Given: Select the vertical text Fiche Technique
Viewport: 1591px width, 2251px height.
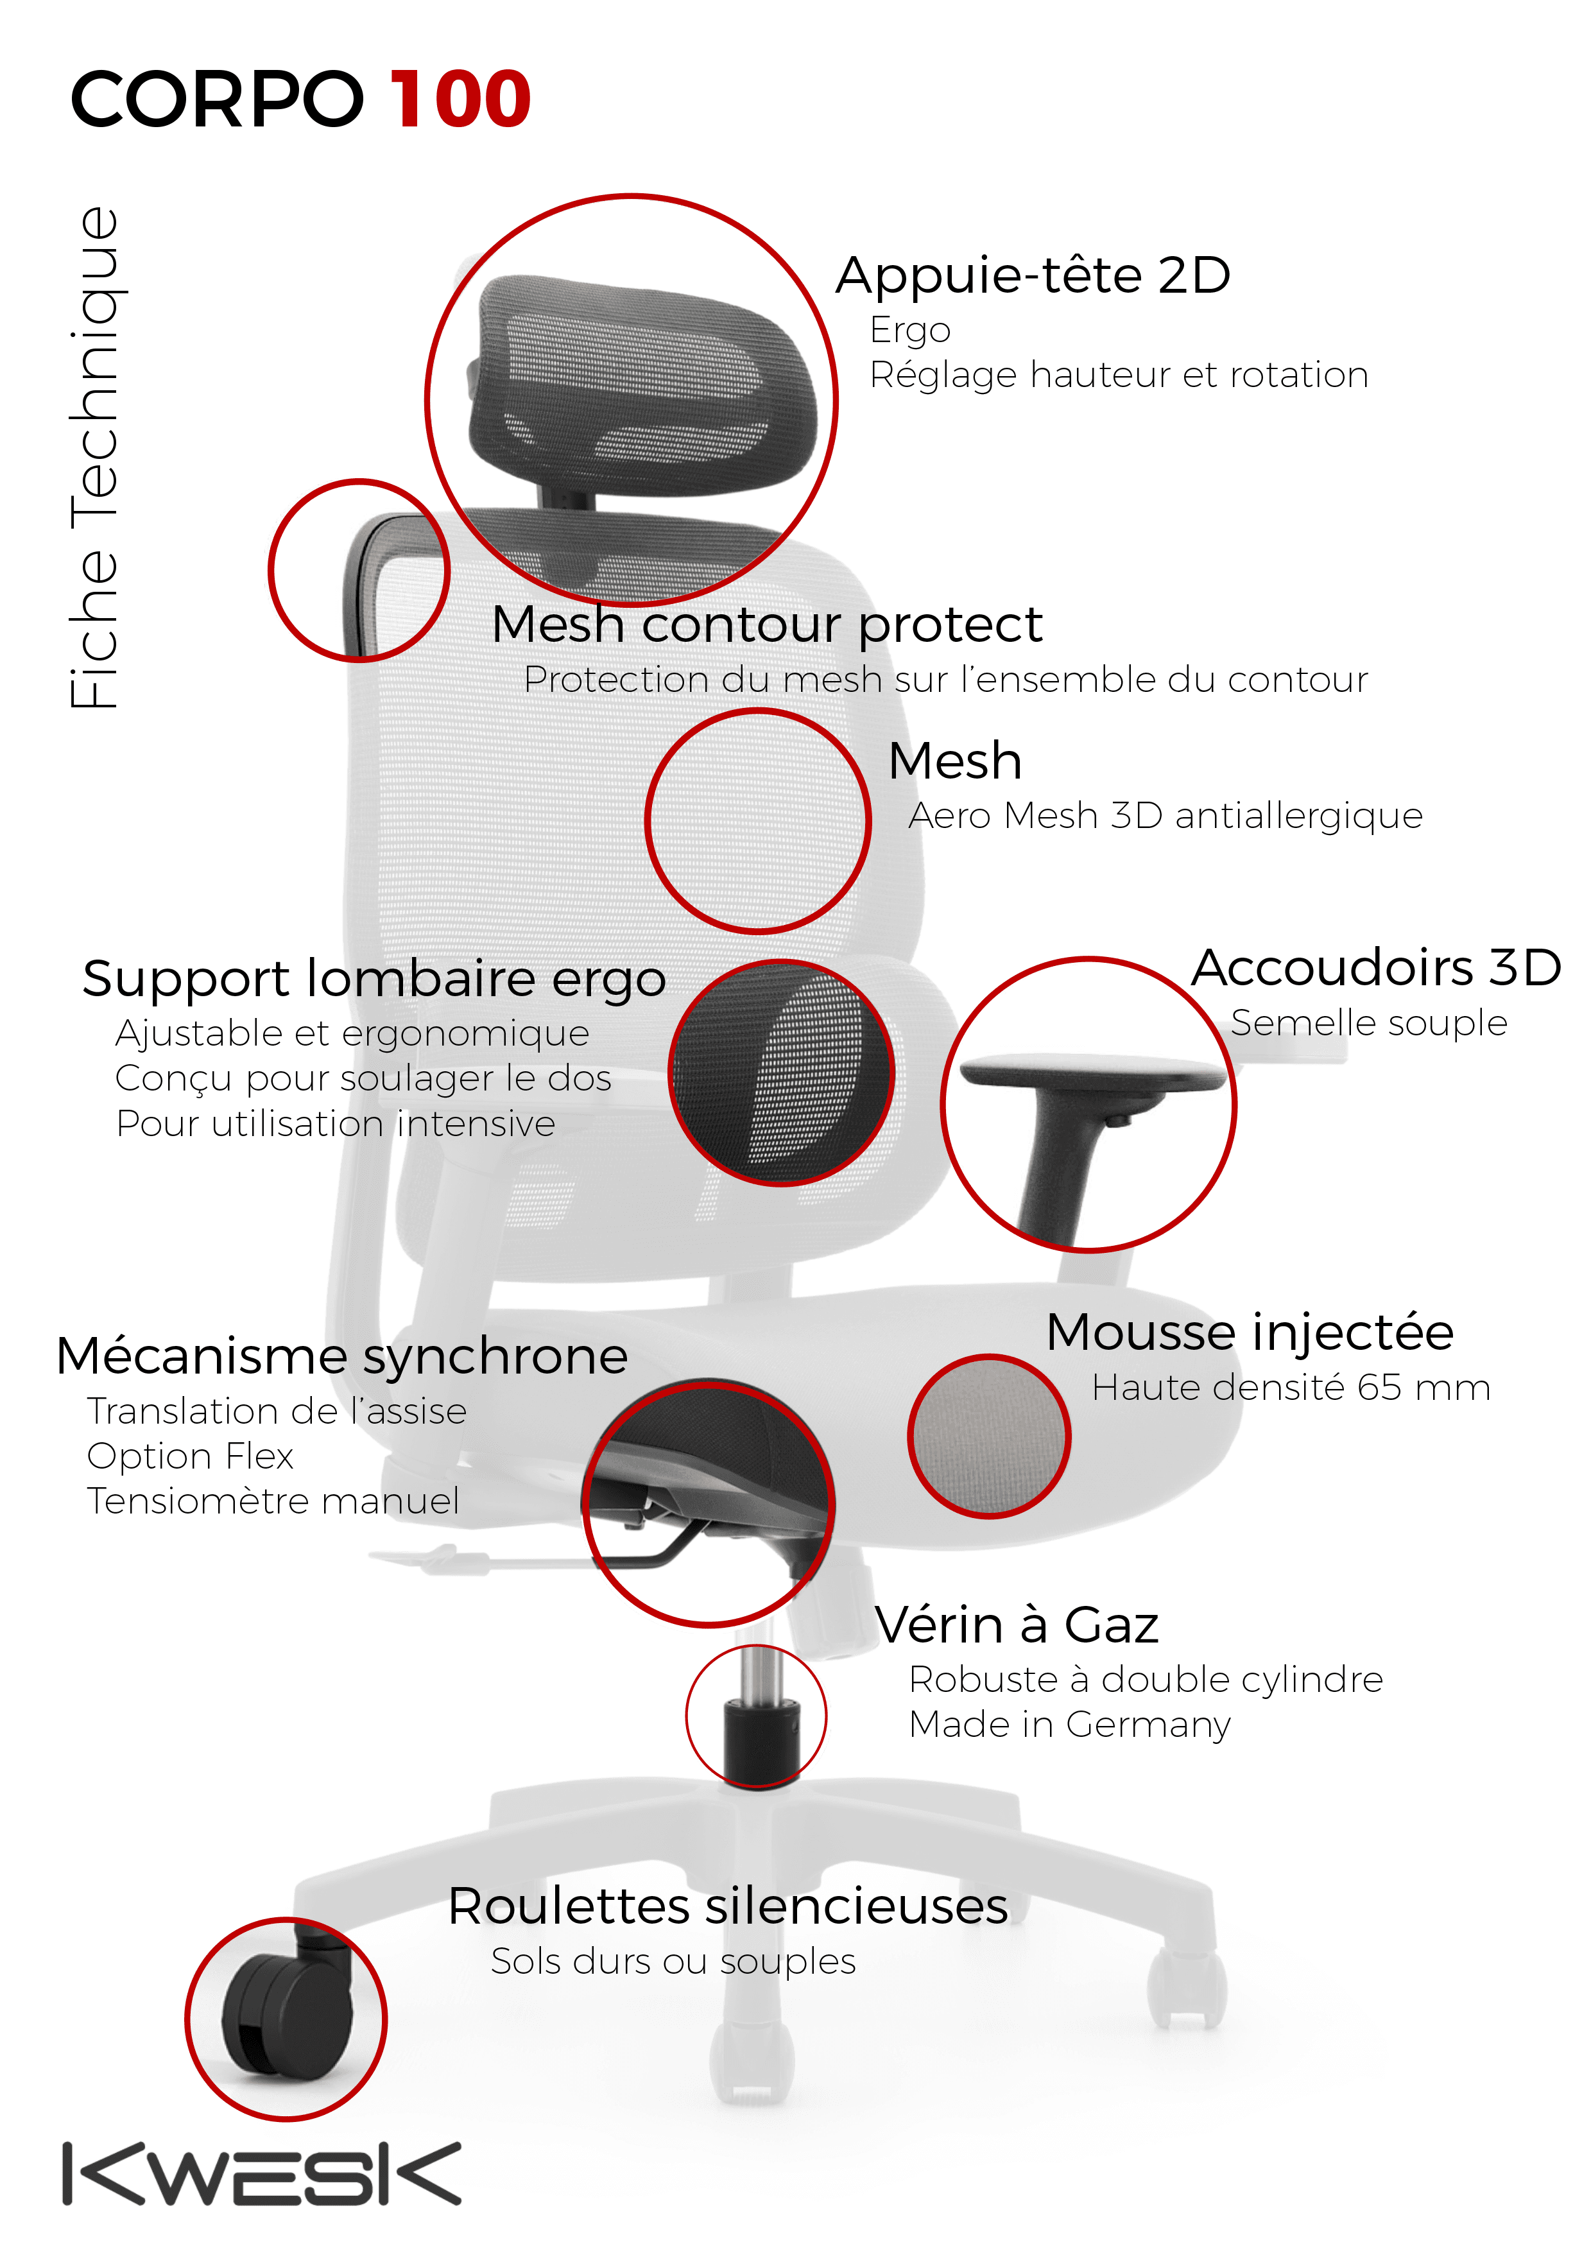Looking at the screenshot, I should click(x=94, y=458).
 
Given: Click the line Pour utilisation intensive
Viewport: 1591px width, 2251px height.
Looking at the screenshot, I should click(x=335, y=1123).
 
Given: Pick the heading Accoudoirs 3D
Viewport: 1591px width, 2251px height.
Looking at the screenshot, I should click(x=1375, y=968).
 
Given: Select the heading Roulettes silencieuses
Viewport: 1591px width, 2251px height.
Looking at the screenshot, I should click(x=727, y=1907).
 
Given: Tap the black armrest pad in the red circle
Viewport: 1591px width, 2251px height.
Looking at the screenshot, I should click(x=1091, y=1071).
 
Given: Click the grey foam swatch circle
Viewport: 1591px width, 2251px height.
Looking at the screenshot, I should click(x=988, y=1436).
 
